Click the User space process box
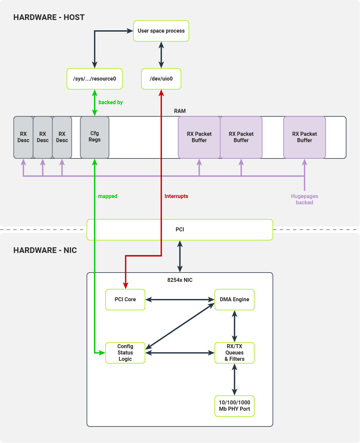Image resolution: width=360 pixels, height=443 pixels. pyautogui.click(x=161, y=31)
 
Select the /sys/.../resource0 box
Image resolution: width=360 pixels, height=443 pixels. pyautogui.click(x=95, y=79)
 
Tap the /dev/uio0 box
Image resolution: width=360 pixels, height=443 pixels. pyautogui.click(x=161, y=79)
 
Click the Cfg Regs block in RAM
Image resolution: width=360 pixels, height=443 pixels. pyautogui.click(x=95, y=137)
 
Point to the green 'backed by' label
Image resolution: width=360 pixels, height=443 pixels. pyautogui.click(x=111, y=103)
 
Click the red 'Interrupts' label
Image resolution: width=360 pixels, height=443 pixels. pyautogui.click(x=176, y=196)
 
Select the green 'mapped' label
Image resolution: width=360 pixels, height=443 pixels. pyautogui.click(x=108, y=196)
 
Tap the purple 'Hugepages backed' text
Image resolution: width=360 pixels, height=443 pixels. pyautogui.click(x=304, y=199)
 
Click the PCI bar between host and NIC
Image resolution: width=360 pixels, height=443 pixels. pyautogui.click(x=180, y=230)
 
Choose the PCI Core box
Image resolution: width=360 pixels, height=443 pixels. pyautogui.click(x=125, y=300)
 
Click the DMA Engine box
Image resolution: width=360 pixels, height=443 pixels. pyautogui.click(x=234, y=300)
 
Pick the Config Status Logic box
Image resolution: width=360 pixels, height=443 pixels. pyautogui.click(x=125, y=353)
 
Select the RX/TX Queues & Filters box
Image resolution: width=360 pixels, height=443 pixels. pyautogui.click(x=234, y=353)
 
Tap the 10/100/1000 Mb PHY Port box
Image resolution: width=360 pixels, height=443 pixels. pyautogui.click(x=234, y=406)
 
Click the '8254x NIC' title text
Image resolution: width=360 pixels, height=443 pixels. pyautogui.click(x=180, y=280)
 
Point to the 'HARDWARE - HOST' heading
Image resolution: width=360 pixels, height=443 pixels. pyautogui.click(x=49, y=17)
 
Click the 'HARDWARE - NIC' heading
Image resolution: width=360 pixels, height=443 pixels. pyautogui.click(x=45, y=250)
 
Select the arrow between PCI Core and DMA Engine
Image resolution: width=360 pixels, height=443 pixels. pyautogui.click(x=180, y=300)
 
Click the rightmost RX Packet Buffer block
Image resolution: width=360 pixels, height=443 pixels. pyautogui.click(x=304, y=137)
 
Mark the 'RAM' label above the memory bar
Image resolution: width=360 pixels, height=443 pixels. pyautogui.click(x=180, y=111)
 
